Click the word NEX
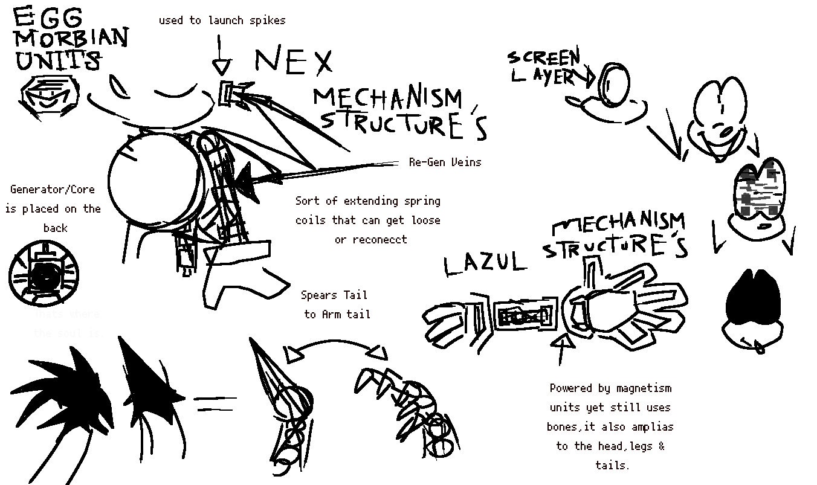[x=294, y=62]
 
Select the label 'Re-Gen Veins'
[x=445, y=162]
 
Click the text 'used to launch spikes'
[x=222, y=21]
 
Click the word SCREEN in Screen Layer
[x=544, y=58]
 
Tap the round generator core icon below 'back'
[x=44, y=275]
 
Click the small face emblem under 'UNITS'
[x=50, y=95]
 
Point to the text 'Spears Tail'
[x=334, y=295]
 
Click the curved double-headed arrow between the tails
[x=335, y=348]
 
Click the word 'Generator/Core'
[x=53, y=190]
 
